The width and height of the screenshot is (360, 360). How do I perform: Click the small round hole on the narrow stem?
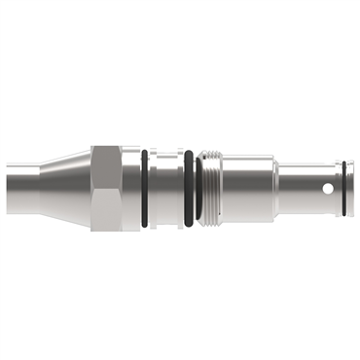tap(328, 189)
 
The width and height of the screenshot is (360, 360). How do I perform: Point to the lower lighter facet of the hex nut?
tap(105, 206)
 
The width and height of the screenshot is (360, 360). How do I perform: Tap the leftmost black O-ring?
tap(144, 188)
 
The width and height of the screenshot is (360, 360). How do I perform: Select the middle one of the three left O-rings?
tap(188, 188)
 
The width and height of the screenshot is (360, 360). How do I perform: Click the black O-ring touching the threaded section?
tap(198, 188)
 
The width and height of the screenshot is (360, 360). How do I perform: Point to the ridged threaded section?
tap(212, 188)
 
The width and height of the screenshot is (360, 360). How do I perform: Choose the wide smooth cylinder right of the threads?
tap(248, 188)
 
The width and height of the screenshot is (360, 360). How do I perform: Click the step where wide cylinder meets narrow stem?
tap(277, 188)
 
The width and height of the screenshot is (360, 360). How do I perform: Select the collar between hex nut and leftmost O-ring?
tap(131, 188)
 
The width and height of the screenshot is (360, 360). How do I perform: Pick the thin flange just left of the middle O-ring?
tap(181, 188)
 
